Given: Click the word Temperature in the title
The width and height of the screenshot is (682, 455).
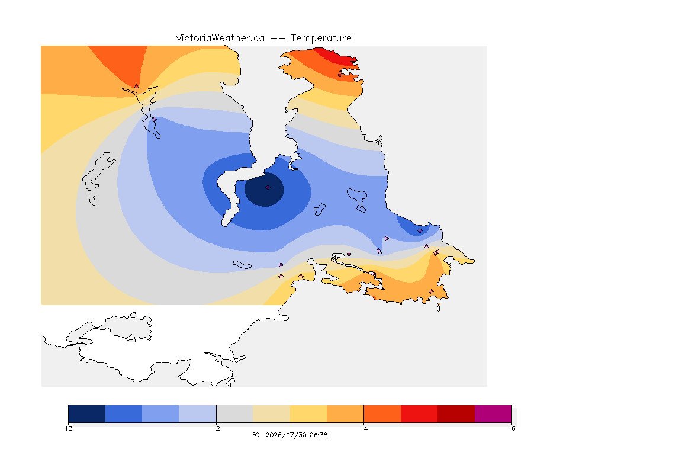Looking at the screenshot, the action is pos(321,39).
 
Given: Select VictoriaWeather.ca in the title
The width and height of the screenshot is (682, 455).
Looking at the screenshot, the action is pos(220,39).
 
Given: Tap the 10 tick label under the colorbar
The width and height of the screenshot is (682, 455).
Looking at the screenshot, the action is pos(69,428).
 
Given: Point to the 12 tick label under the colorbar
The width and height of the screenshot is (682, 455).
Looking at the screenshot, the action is pos(216,428).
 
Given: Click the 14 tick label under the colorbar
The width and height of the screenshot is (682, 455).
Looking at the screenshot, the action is pos(363,428).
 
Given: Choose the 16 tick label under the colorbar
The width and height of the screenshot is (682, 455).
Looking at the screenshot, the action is pos(511,428).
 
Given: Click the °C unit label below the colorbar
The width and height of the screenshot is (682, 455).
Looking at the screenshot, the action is pos(256,435).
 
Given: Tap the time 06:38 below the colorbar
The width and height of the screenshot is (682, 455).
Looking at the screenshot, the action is pos(319,435).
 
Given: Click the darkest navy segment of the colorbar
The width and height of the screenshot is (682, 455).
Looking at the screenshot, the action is pos(87,414).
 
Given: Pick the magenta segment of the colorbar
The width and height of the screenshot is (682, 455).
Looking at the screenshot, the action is pos(493,414).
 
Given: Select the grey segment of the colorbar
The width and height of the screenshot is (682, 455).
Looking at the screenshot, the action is pos(234,414).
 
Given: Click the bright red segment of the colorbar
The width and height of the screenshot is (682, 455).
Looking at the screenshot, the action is pos(419,414).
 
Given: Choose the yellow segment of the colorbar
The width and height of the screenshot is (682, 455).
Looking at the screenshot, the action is pos(308,414).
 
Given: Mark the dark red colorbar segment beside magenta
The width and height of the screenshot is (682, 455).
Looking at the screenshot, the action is pos(456,414).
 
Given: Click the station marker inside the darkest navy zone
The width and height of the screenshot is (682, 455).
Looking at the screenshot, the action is pos(268,188).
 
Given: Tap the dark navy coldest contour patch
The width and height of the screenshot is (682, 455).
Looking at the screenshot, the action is pos(265,190).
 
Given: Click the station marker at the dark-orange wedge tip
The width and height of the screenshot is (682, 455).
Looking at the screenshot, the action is pos(137,86).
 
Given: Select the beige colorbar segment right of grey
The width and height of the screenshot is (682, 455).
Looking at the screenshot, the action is pos(271,414).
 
